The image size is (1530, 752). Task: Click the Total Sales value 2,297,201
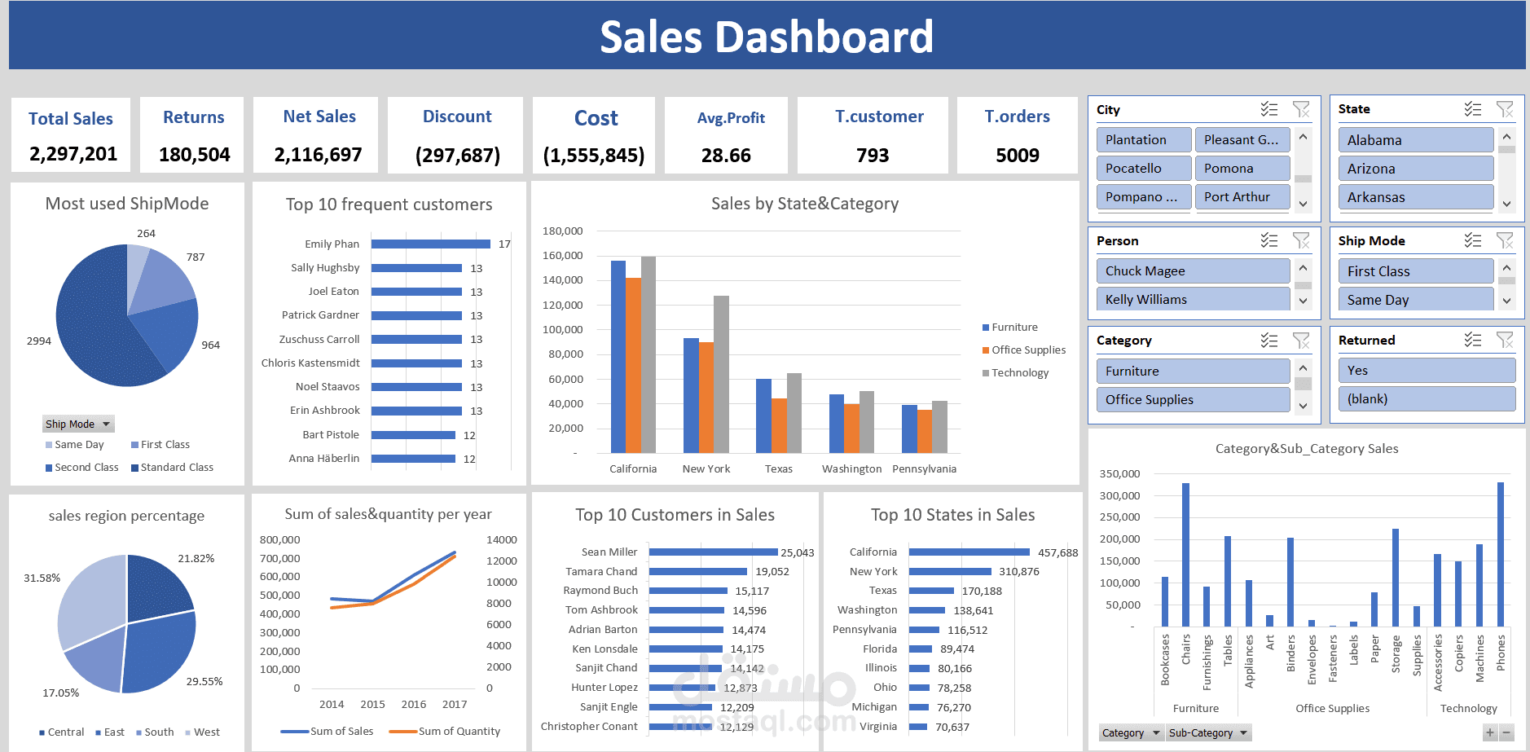pyautogui.click(x=73, y=154)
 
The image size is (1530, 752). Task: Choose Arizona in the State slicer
pyautogui.click(x=1414, y=169)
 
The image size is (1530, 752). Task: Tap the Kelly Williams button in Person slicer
pyautogui.click(x=1192, y=300)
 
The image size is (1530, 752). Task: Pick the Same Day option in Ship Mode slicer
pyautogui.click(x=1414, y=300)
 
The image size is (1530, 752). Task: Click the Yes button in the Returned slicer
pyautogui.click(x=1426, y=371)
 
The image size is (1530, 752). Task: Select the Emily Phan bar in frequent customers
pyautogui.click(x=430, y=244)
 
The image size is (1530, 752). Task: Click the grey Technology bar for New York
pyautogui.click(x=721, y=375)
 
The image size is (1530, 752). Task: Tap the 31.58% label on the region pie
pyautogui.click(x=42, y=578)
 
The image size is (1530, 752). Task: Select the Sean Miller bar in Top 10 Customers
pyautogui.click(x=713, y=552)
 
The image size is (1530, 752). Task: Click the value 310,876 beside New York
pyautogui.click(x=1019, y=572)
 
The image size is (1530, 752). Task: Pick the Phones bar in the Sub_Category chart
pyautogui.click(x=1500, y=554)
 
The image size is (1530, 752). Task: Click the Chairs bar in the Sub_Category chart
pyautogui.click(x=1185, y=554)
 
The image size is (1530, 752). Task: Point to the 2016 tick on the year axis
pyautogui.click(x=413, y=704)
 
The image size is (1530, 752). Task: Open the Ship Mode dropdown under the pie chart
pyautogui.click(x=106, y=424)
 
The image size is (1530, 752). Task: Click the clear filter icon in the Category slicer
pyautogui.click(x=1301, y=341)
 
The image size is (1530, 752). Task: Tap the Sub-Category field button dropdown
pyautogui.click(x=1243, y=733)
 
